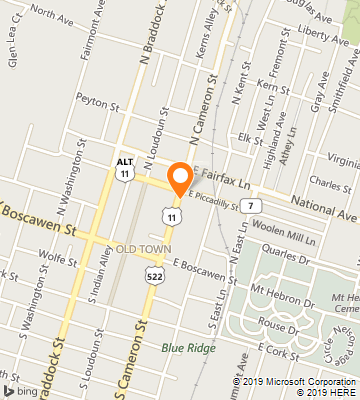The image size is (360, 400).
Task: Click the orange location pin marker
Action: click(x=180, y=177)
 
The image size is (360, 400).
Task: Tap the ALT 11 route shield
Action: click(x=125, y=167)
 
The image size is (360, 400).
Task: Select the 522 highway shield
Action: click(x=153, y=275)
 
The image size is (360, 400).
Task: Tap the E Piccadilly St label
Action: click(x=219, y=202)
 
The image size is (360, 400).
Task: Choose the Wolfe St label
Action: click(x=61, y=258)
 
